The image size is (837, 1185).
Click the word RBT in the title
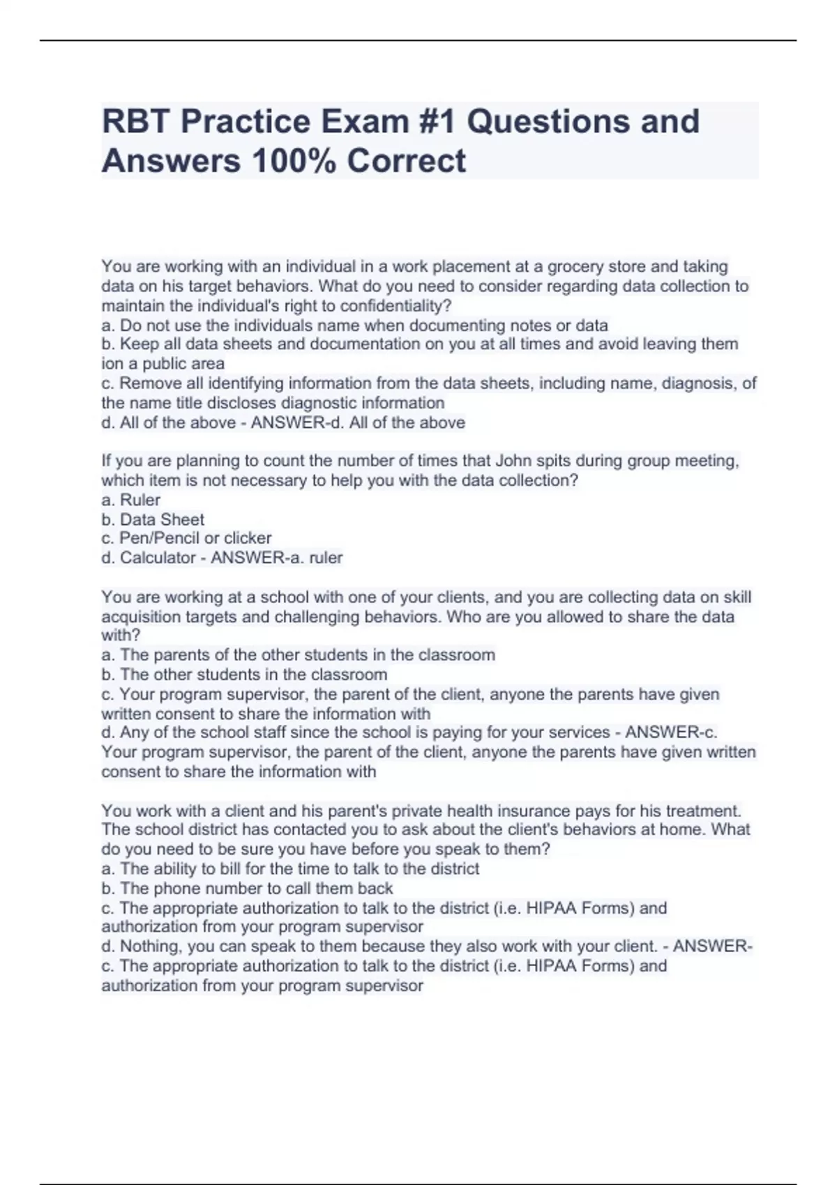point(136,121)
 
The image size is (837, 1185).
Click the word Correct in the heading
point(406,161)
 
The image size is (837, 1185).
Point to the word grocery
point(575,266)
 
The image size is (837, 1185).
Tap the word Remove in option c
point(151,383)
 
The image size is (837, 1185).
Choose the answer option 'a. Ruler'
point(131,500)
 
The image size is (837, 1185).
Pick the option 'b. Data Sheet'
point(153,519)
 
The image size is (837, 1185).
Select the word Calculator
point(158,558)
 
